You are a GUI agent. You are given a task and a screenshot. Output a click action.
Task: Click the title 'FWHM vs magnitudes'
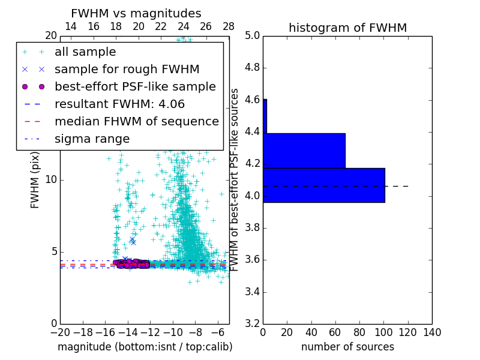pyautogui.click(x=136, y=13)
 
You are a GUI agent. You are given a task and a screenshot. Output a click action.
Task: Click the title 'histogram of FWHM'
pyautogui.click(x=348, y=28)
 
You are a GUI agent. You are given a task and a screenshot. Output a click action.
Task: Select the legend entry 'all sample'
pyautogui.click(x=85, y=52)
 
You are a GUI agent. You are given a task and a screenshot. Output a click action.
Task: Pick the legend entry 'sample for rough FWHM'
pyautogui.click(x=127, y=69)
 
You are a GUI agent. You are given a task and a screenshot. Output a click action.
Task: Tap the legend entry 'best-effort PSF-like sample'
pyautogui.click(x=135, y=86)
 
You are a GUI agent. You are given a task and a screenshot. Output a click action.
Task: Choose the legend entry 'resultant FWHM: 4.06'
pyautogui.click(x=119, y=104)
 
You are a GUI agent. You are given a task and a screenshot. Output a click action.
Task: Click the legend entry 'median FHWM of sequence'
pyautogui.click(x=136, y=121)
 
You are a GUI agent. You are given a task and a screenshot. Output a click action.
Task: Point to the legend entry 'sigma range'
pyautogui.click(x=92, y=139)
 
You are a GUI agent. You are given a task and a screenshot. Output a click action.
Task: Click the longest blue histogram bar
pyautogui.click(x=323, y=185)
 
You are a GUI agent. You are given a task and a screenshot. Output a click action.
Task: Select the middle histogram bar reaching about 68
pyautogui.click(x=304, y=151)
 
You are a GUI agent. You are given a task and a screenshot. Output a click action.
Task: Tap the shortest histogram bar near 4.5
pyautogui.click(x=265, y=116)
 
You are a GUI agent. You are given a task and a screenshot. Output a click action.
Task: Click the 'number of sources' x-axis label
pyautogui.click(x=347, y=347)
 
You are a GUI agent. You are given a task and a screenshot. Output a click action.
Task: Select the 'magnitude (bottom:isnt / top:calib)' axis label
pyautogui.click(x=145, y=347)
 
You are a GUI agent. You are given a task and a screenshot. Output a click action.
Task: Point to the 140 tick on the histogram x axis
pyautogui.click(x=432, y=332)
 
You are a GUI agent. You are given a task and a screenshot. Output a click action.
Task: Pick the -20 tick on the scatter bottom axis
pyautogui.click(x=60, y=332)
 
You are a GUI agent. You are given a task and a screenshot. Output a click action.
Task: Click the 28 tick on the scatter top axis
pyautogui.click(x=229, y=26)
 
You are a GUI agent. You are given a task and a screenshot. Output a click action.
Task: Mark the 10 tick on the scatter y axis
pyautogui.click(x=51, y=179)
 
